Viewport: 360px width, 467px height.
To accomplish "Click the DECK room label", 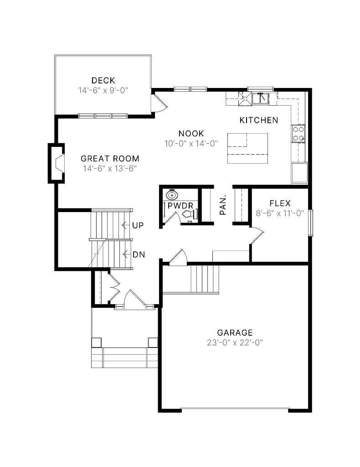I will (x=103, y=81).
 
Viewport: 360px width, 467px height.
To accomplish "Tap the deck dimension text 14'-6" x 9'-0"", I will (x=103, y=90).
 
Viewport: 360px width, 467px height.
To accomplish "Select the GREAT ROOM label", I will (x=110, y=159).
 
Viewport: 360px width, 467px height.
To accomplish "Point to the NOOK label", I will (x=191, y=134).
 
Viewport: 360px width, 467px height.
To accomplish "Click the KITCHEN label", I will (x=259, y=120).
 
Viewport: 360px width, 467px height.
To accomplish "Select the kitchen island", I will (x=247, y=148).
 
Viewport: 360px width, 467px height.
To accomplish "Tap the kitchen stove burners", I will (x=298, y=134).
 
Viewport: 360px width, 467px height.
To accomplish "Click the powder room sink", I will (x=172, y=195).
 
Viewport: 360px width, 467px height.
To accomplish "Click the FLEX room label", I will (x=280, y=203).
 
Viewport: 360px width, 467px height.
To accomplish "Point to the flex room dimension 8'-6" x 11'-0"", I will (x=280, y=213).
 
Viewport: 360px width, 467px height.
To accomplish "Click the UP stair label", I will (x=137, y=225).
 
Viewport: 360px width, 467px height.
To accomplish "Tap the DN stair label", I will (x=139, y=254).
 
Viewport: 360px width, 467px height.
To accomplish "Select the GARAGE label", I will (x=235, y=333).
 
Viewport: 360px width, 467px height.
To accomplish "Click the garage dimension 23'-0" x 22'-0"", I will (x=235, y=342).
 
